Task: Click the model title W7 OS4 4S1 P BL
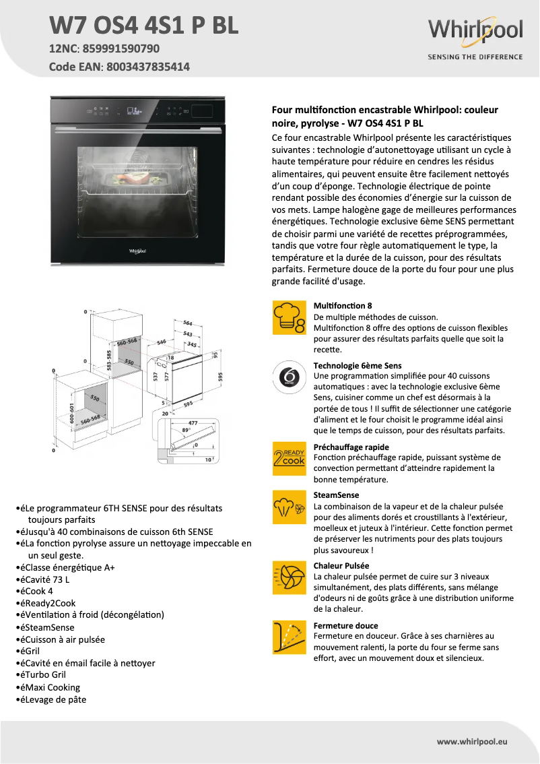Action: coord(143,25)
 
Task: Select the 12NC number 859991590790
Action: coord(120,49)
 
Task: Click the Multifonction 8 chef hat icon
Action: coord(288,318)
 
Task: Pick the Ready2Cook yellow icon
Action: coord(288,456)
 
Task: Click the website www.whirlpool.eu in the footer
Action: coord(472,741)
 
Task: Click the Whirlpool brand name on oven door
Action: coord(137,251)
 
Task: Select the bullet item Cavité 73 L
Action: coord(47,579)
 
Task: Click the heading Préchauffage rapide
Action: coord(351,447)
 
